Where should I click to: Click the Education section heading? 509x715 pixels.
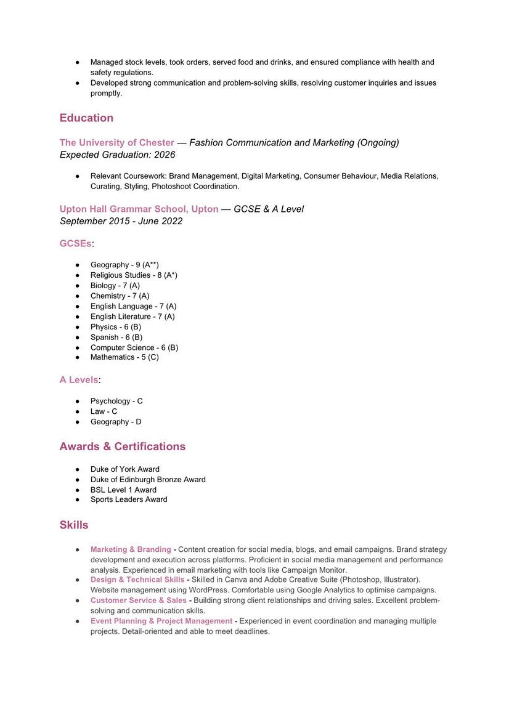86,118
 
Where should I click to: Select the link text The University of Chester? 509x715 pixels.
116,143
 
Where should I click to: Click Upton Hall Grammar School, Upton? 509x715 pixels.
139,209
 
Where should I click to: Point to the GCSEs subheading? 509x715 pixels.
75,244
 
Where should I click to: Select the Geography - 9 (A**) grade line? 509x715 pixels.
124,265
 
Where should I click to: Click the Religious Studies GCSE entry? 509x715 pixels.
134,275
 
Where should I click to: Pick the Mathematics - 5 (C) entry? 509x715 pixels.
124,357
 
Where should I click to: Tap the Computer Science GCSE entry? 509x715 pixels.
134,347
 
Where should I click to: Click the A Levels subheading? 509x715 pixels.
79,380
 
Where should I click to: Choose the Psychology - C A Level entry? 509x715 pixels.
116,401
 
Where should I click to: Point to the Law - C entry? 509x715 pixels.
104,411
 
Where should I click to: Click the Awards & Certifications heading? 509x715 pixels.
122,446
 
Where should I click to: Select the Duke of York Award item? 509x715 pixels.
125,469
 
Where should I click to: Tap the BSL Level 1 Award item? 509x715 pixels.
123,490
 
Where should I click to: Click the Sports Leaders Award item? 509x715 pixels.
129,499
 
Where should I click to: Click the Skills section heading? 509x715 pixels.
74,525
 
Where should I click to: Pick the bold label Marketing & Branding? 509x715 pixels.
131,549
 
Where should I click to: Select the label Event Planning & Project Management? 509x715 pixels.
161,621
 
